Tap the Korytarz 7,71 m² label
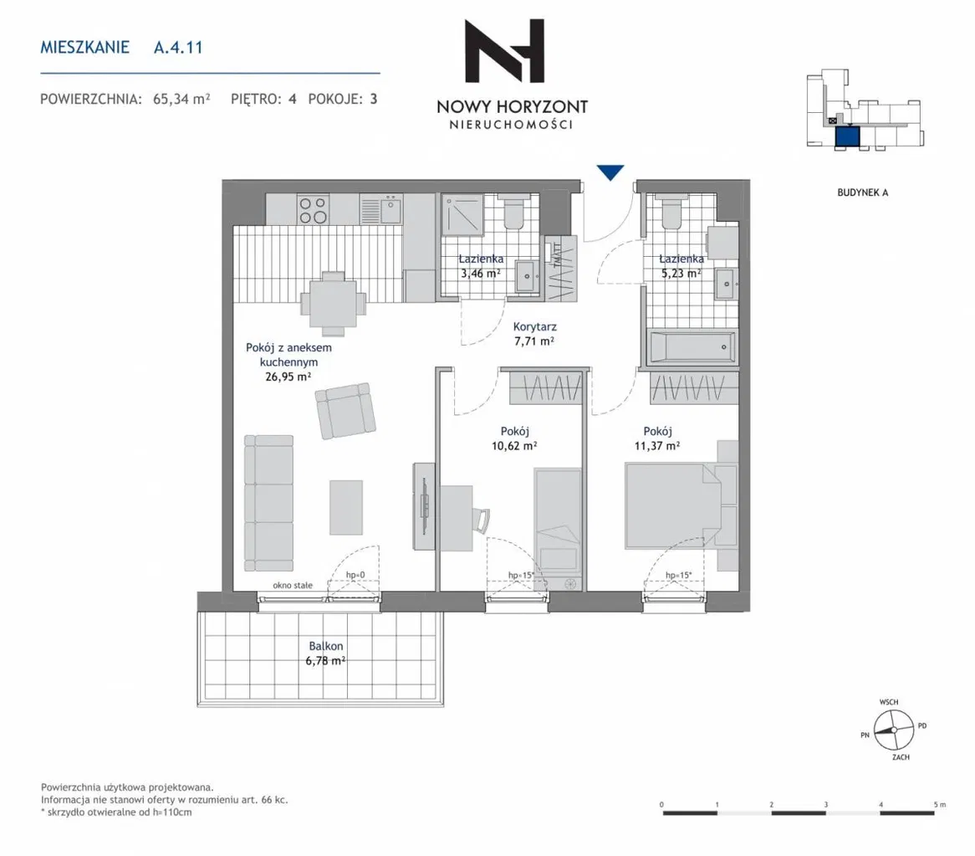click(534, 333)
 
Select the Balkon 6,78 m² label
click(325, 654)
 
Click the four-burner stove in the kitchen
click(313, 209)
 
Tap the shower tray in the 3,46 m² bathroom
click(462, 214)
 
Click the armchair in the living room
click(345, 411)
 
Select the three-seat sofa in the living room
click(268, 503)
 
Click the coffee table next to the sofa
click(345, 507)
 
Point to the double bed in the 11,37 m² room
click(673, 505)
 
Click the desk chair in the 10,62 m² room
click(481, 520)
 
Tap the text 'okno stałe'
click(293, 585)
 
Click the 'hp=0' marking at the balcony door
click(355, 575)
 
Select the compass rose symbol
click(894, 730)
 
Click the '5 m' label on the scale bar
click(939, 804)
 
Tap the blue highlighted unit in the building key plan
click(847, 136)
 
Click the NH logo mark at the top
click(505, 50)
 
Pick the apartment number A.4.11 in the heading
click(178, 48)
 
